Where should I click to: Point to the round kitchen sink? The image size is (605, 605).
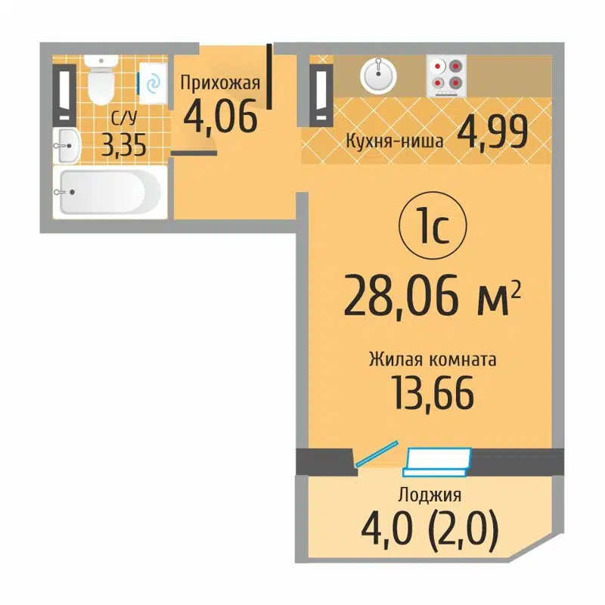point(377,76)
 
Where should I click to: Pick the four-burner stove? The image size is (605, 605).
point(445,76)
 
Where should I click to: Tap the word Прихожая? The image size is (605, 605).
point(219,83)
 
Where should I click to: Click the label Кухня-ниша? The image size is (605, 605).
point(394,139)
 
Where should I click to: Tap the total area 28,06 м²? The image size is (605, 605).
point(432,296)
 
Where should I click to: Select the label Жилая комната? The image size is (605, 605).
point(433,360)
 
